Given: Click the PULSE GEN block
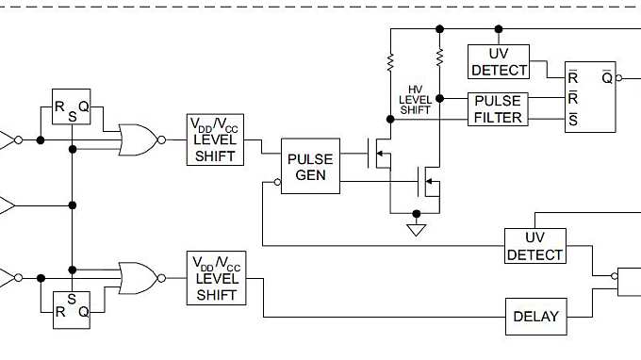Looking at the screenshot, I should point(310,167).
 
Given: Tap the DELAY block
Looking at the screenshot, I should point(536,317).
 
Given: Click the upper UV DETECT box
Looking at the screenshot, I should point(500,62).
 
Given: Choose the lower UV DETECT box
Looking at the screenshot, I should point(534,246).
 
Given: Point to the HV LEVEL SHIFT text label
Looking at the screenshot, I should point(415,99).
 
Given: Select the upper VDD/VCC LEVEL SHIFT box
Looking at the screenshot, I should point(217,139).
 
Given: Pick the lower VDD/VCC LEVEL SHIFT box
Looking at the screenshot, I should point(217,278).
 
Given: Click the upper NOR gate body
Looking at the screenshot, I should point(137,139).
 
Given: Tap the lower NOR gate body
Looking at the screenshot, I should point(137,278).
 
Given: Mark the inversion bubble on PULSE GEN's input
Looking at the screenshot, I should point(277,186).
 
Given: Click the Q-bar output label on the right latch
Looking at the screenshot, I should point(607,77).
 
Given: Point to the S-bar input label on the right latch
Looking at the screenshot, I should point(572,118).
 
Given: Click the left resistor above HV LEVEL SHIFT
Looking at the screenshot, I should point(389,64).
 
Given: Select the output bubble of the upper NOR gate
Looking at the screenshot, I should point(161,140).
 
